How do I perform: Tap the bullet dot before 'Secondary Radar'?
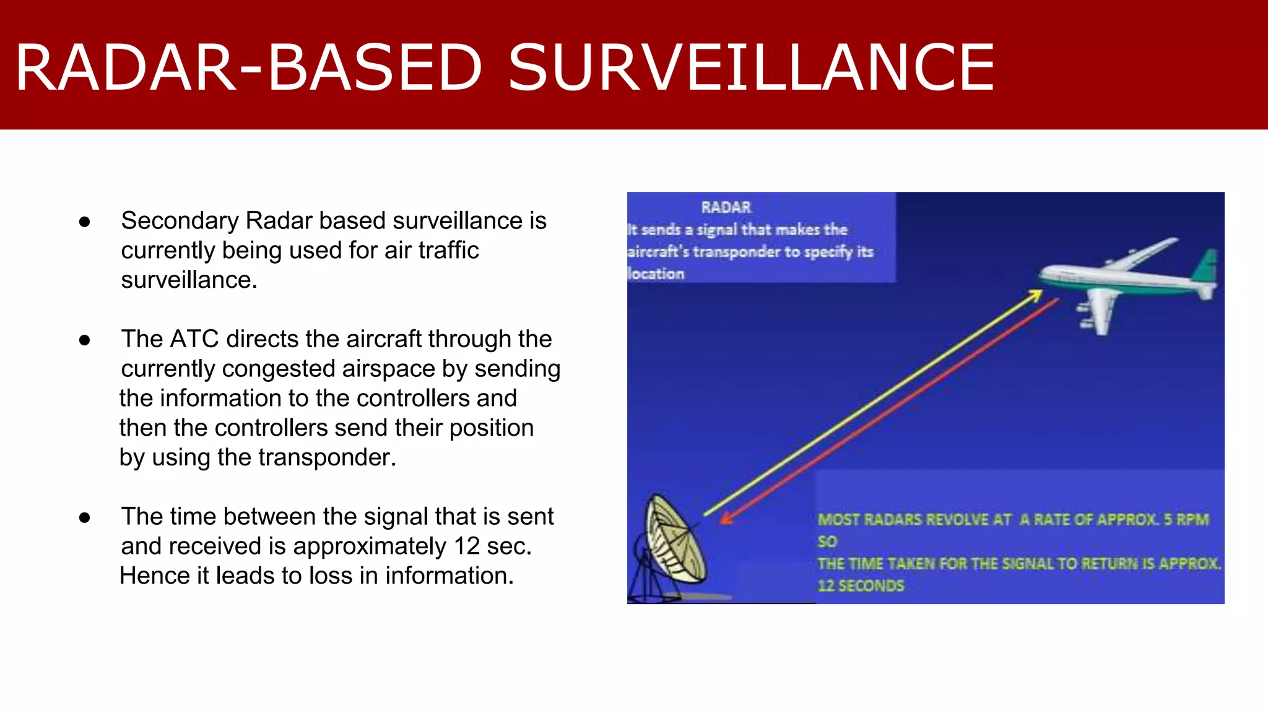click(85, 222)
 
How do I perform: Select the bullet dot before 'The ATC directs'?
click(85, 340)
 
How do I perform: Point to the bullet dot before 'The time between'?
click(85, 517)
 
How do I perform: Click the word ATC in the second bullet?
click(194, 339)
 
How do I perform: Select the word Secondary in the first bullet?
click(180, 221)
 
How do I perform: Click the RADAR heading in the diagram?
click(726, 207)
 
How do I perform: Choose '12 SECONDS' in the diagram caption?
click(861, 586)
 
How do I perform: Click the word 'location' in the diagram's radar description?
click(656, 274)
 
